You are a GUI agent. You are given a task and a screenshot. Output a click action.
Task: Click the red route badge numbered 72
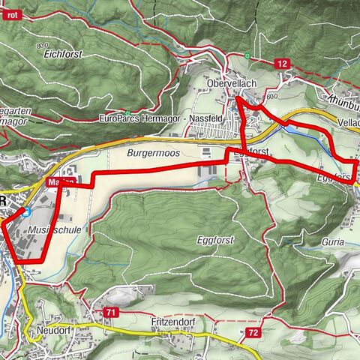click(x=252, y=331)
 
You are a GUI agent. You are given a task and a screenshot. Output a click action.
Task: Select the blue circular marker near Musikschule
click(x=25, y=211)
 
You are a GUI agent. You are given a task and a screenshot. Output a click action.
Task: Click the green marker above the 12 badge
click(x=247, y=55)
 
